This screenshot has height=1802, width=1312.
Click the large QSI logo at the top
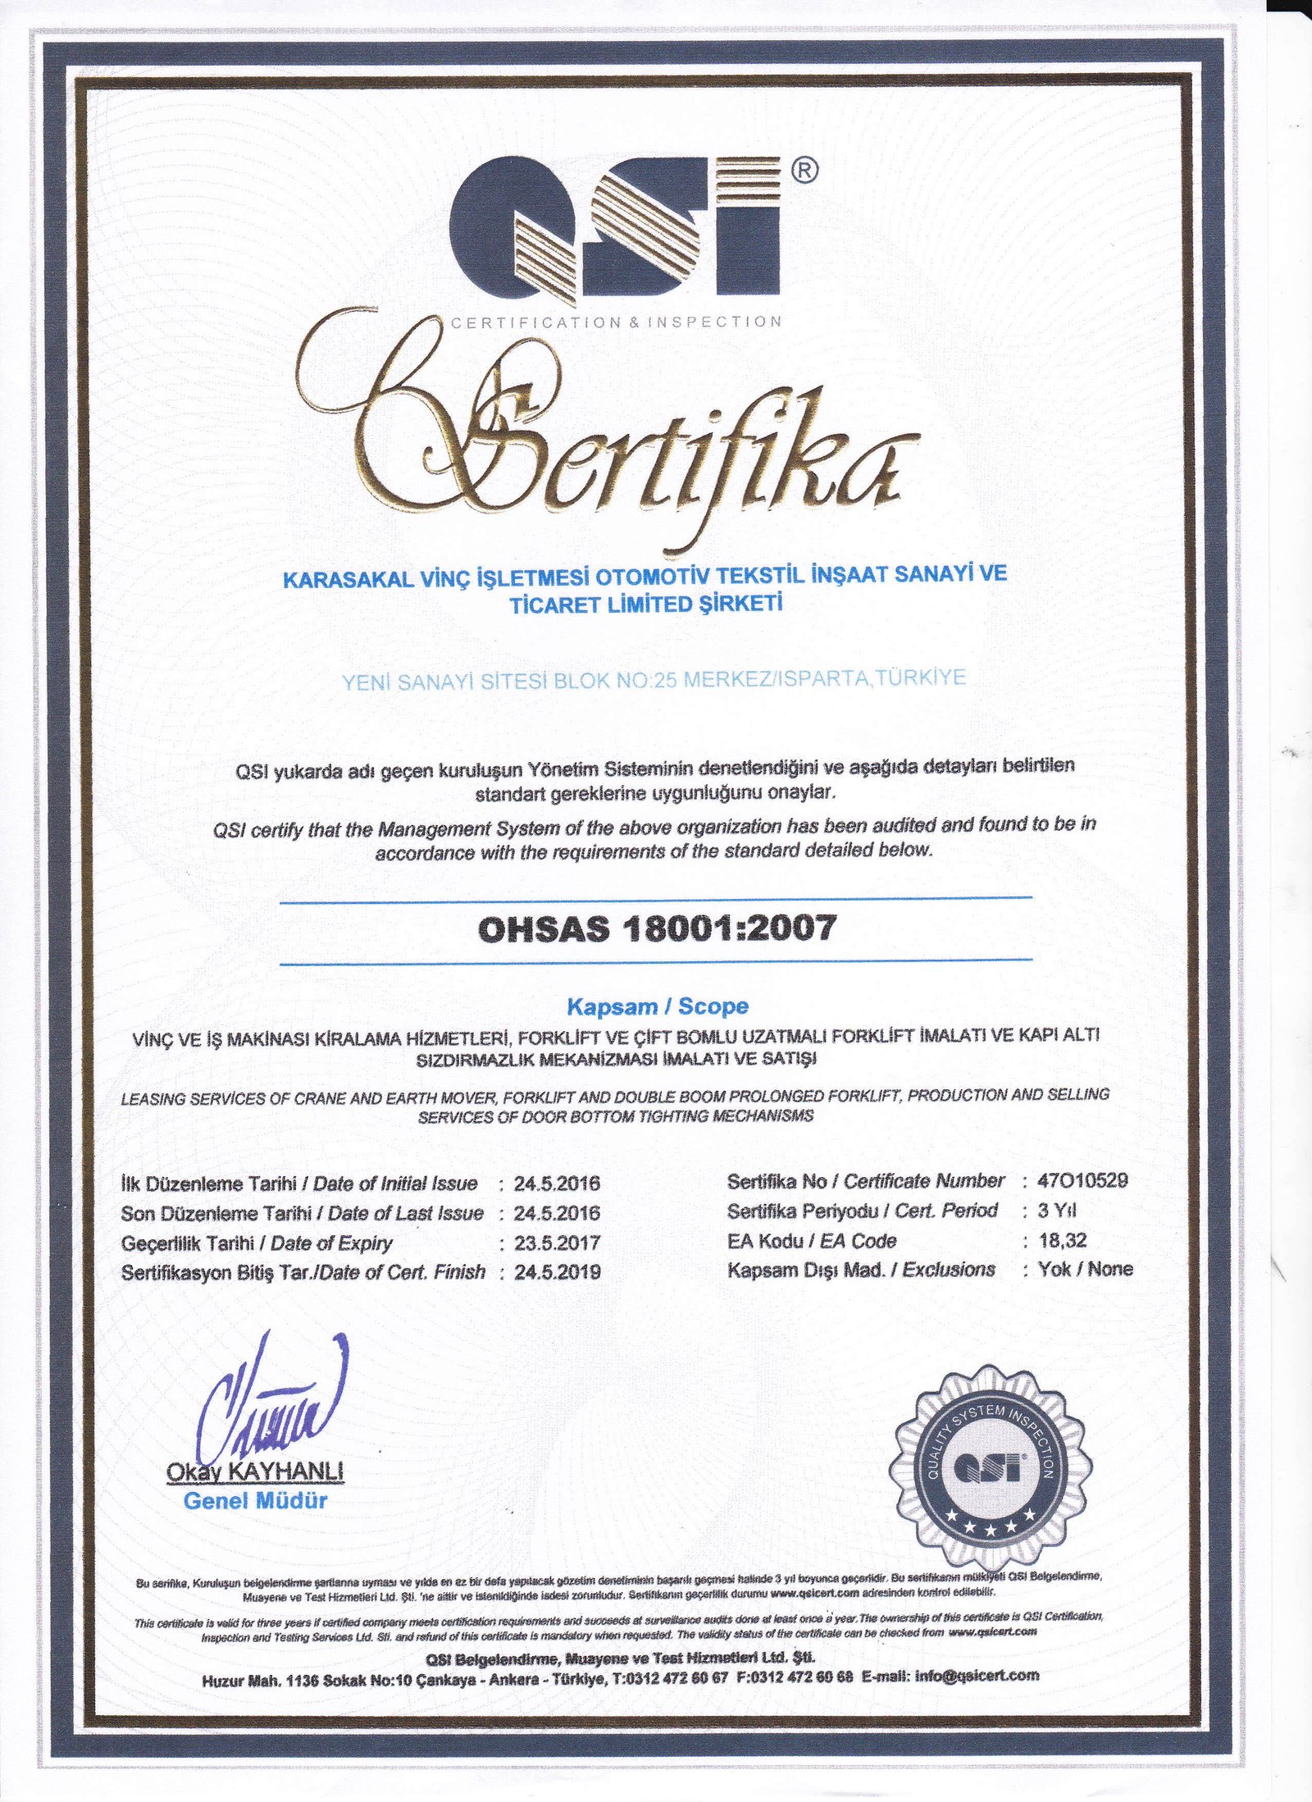[x=615, y=226]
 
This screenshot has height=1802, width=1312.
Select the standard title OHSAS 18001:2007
[x=656, y=928]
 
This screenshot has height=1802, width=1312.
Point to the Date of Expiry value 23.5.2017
[x=558, y=1243]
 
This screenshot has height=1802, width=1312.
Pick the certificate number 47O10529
[x=1082, y=1181]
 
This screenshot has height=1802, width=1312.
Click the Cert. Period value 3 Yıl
[x=1056, y=1211]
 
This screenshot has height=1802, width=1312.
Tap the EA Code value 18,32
[x=1062, y=1240]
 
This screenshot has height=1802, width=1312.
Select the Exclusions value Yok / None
[x=1085, y=1270]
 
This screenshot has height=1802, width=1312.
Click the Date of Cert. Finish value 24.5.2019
[x=558, y=1272]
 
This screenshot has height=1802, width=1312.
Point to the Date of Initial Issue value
[x=558, y=1184]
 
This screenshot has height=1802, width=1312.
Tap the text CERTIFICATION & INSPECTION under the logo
[x=616, y=322]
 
